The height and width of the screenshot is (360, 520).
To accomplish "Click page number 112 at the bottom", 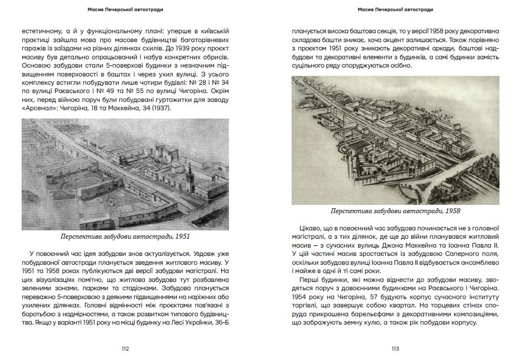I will pyautogui.click(x=125, y=348).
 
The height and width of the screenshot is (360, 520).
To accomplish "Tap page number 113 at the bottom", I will pyautogui.click(x=395, y=348).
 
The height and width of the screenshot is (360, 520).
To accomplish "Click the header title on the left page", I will pyautogui.click(x=125, y=9).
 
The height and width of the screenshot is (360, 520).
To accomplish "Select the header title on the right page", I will pyautogui.click(x=395, y=9).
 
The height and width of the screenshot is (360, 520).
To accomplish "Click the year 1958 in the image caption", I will pyautogui.click(x=450, y=210).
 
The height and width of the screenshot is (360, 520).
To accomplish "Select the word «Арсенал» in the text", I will pyautogui.click(x=39, y=108).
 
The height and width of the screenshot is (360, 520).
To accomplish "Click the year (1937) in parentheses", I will pyautogui.click(x=161, y=108).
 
